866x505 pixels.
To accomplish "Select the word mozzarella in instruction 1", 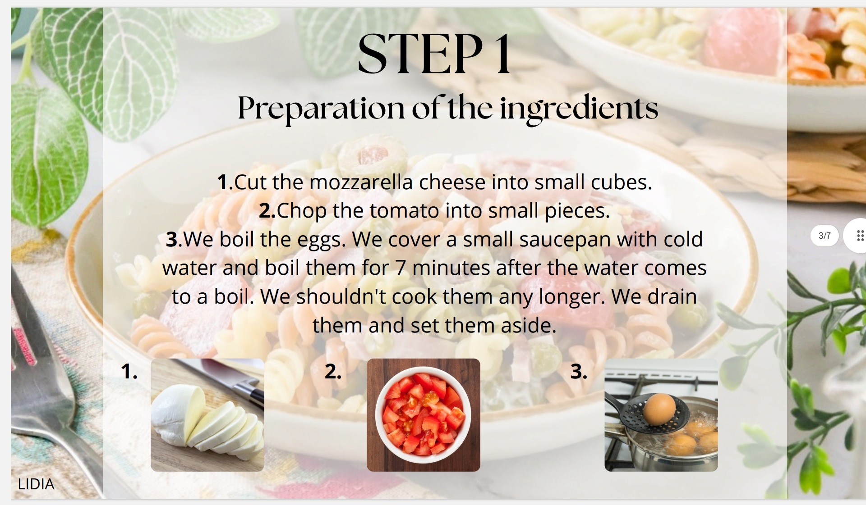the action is [x=361, y=182].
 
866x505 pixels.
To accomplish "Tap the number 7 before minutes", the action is [x=401, y=268].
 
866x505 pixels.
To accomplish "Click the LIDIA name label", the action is [x=36, y=484].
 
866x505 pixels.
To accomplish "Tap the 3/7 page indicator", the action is [x=825, y=236].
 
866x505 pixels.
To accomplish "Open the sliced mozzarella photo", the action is [x=207, y=415].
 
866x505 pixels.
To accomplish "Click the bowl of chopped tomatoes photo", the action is [x=424, y=415].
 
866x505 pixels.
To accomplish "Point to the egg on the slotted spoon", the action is [x=659, y=409].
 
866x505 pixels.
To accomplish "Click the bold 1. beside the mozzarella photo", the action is [x=129, y=372].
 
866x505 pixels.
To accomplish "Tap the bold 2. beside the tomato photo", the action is [x=333, y=372].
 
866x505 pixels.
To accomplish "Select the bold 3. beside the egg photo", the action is [x=579, y=372].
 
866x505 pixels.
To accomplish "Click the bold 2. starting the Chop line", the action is [x=267, y=211].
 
